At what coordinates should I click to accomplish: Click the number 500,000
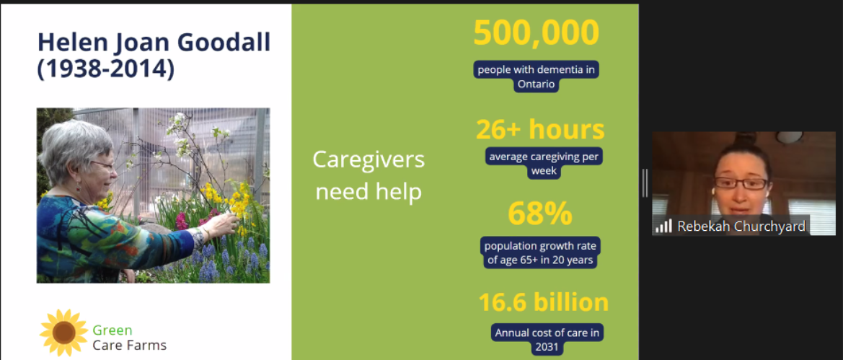pos(536,32)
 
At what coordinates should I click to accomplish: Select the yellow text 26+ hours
pos(540,130)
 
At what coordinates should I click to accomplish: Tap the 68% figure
pos(540,214)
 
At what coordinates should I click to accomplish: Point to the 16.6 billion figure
pos(544,302)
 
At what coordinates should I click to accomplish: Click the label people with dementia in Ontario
pos(536,76)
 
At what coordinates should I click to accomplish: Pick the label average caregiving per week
pos(544,164)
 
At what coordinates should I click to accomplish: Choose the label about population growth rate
pos(540,253)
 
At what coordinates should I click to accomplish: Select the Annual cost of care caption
pos(547,340)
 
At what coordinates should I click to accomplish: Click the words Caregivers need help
pos(368,176)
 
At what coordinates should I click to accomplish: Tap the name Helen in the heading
pos(71,43)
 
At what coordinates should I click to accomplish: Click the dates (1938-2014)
pos(106,69)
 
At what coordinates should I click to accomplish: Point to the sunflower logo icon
pos(63,333)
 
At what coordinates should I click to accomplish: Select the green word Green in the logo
pos(112,330)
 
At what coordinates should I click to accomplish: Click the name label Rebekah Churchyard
pos(741,227)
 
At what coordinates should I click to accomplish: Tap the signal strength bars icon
pos(664,226)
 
